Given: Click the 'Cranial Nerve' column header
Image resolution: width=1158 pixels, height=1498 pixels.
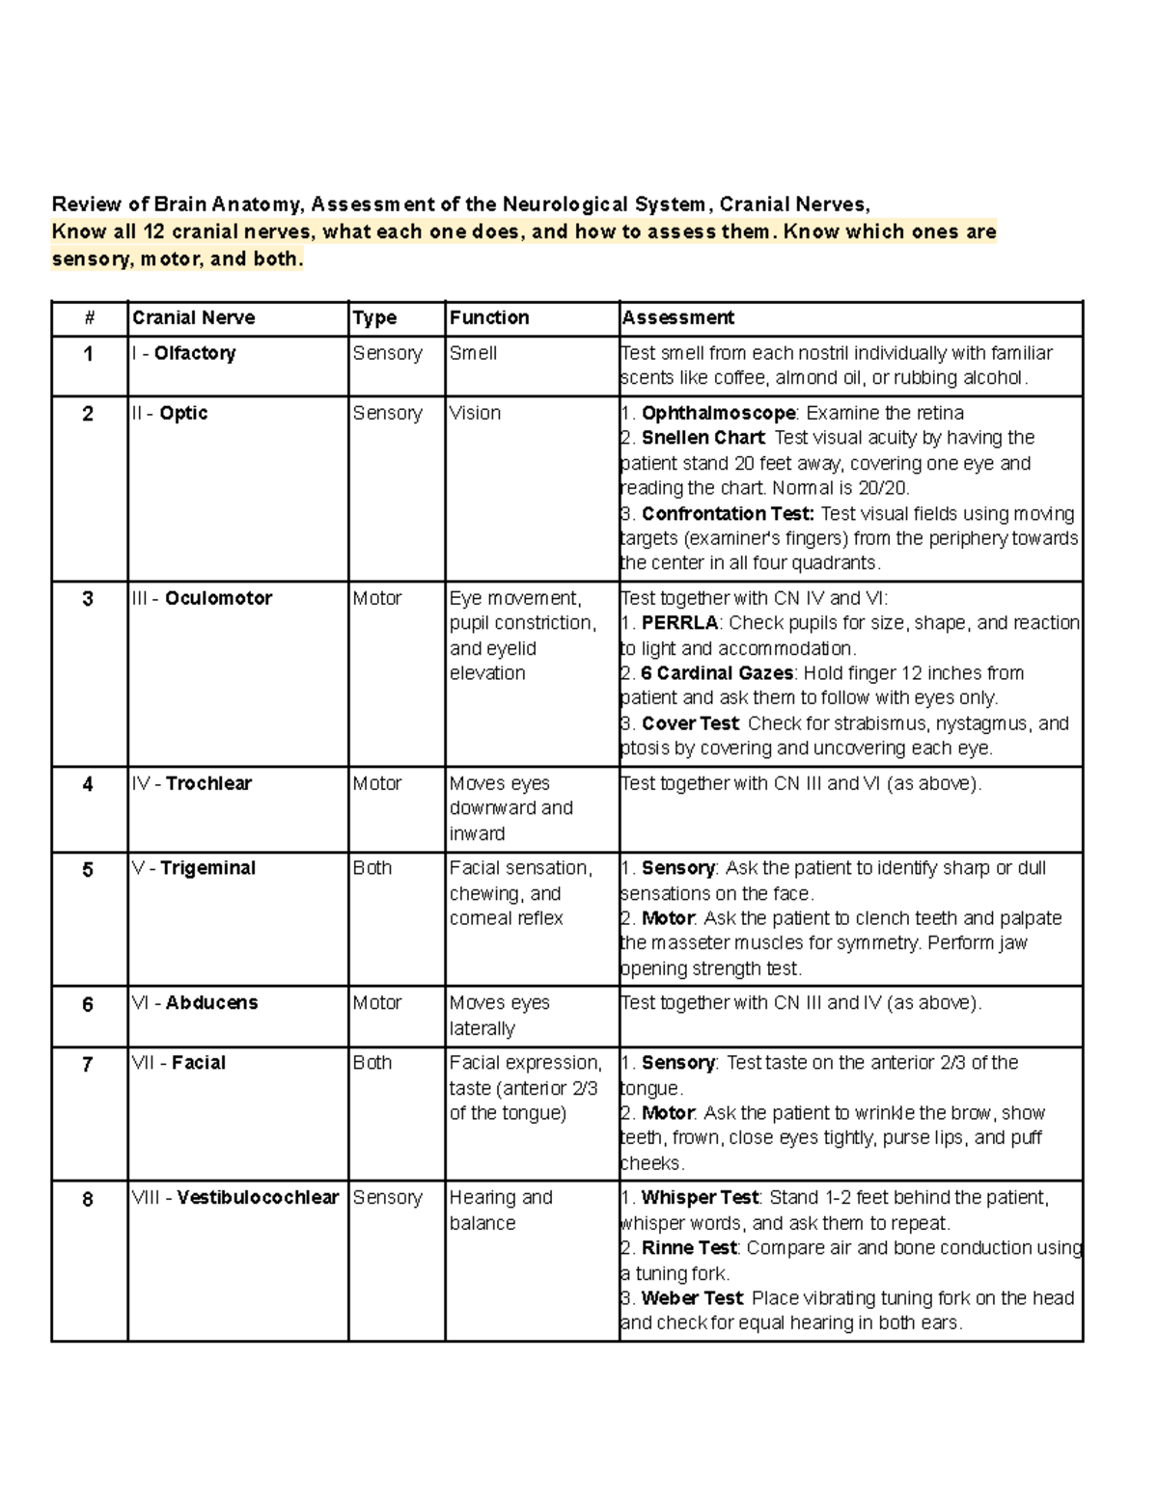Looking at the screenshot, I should pos(194,318).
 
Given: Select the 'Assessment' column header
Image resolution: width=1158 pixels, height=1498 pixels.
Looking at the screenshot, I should pos(677,318).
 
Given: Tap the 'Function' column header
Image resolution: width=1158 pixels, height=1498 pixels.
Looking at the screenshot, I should pos(489,318).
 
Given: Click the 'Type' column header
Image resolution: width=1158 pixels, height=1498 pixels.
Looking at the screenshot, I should pos(374,318).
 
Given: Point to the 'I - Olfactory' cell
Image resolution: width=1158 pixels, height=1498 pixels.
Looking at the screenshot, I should pos(184,353).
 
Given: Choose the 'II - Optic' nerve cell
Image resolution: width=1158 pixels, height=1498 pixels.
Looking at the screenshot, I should pos(171,413).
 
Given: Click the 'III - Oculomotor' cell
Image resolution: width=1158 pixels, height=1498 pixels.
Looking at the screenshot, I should pos(203,598).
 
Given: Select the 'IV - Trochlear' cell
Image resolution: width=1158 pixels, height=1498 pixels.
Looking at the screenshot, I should pos(192,783).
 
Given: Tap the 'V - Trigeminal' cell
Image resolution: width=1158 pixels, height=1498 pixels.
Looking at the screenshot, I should pos(194,868).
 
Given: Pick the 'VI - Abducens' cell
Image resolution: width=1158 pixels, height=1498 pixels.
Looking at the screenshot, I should pos(195,1003).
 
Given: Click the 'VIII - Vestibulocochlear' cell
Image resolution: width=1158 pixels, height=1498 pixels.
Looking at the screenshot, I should pos(235,1198).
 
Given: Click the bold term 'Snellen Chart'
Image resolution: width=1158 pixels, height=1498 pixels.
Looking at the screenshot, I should pos(703,438).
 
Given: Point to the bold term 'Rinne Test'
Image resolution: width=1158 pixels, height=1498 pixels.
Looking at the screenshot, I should pos(690,1248).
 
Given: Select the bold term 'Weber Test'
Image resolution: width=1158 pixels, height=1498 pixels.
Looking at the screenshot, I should pos(692,1298).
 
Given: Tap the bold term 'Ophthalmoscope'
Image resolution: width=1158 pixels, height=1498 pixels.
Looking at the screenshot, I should pos(718,413).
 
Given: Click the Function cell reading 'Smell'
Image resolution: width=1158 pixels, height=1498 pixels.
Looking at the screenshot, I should pos(473,353).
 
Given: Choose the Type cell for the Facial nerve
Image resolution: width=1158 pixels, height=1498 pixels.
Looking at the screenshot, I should pos(372,1063).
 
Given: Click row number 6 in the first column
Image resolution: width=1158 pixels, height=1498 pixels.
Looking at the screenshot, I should pos(88,1005).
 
